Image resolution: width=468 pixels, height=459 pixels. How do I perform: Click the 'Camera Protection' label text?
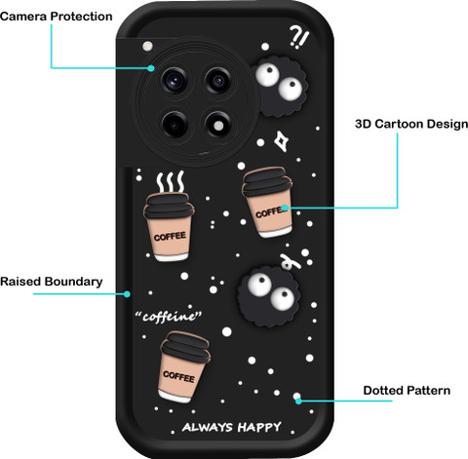tap(57, 17)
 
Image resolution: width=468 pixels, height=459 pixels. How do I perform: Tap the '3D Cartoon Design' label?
tap(411, 124)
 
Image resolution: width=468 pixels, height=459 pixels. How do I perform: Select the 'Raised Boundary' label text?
tap(52, 282)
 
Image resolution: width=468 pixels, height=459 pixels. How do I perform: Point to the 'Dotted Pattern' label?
tap(407, 391)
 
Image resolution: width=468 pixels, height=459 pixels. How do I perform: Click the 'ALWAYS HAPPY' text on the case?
tap(232, 427)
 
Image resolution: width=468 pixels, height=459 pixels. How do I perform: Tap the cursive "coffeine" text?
tap(169, 316)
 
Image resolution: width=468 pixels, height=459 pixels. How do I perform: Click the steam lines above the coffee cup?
tap(171, 182)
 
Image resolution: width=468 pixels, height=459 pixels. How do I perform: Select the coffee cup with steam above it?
tap(169, 227)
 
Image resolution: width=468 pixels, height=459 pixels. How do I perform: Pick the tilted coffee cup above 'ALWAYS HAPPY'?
tap(183, 367)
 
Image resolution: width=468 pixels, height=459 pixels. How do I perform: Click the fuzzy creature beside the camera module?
tap(280, 87)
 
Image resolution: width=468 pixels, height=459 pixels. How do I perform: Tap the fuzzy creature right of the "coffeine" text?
tap(269, 296)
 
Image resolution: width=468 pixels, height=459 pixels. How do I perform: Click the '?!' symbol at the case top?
tap(299, 37)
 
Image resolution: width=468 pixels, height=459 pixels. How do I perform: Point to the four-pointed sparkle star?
tap(281, 141)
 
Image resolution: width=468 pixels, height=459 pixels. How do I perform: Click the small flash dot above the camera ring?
tap(148, 46)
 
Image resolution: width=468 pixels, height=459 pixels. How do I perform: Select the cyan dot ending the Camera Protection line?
tap(150, 68)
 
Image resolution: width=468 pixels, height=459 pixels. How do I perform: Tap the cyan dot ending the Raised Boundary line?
tap(127, 294)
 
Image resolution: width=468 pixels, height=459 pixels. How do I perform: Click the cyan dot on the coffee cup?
tap(285, 208)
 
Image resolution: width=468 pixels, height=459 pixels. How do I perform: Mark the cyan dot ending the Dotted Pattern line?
tap(298, 401)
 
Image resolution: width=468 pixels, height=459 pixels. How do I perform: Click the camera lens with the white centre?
tap(218, 126)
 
